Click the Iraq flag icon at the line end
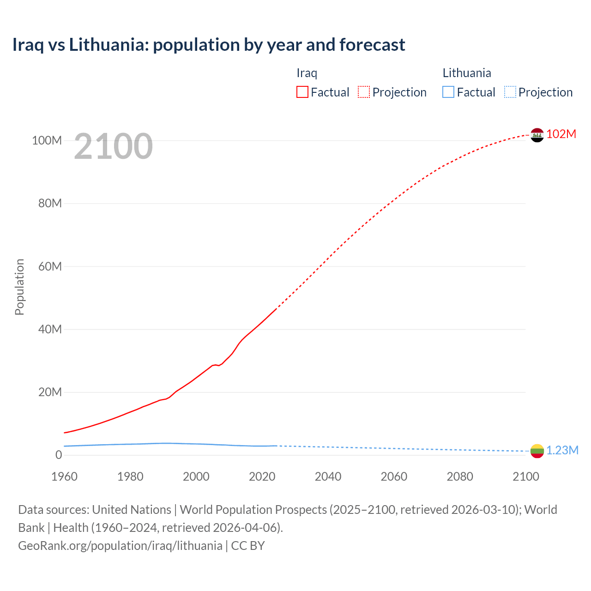point(537,135)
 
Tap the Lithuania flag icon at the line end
point(537,451)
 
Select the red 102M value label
point(561,134)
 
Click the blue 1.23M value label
point(562,450)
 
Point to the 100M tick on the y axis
point(47,140)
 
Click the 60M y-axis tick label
point(50,266)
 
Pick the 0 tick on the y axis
point(59,455)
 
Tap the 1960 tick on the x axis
point(64,476)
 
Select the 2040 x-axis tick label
point(328,476)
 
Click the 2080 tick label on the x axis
point(460,476)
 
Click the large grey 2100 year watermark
point(113,146)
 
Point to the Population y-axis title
point(19,287)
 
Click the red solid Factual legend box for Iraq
point(302,92)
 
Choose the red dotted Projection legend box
point(364,92)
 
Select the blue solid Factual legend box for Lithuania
point(448,92)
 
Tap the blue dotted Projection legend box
point(510,92)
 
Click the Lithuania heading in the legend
point(467,73)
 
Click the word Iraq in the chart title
point(28,45)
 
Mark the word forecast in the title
point(372,45)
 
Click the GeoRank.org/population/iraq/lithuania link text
point(120,545)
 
